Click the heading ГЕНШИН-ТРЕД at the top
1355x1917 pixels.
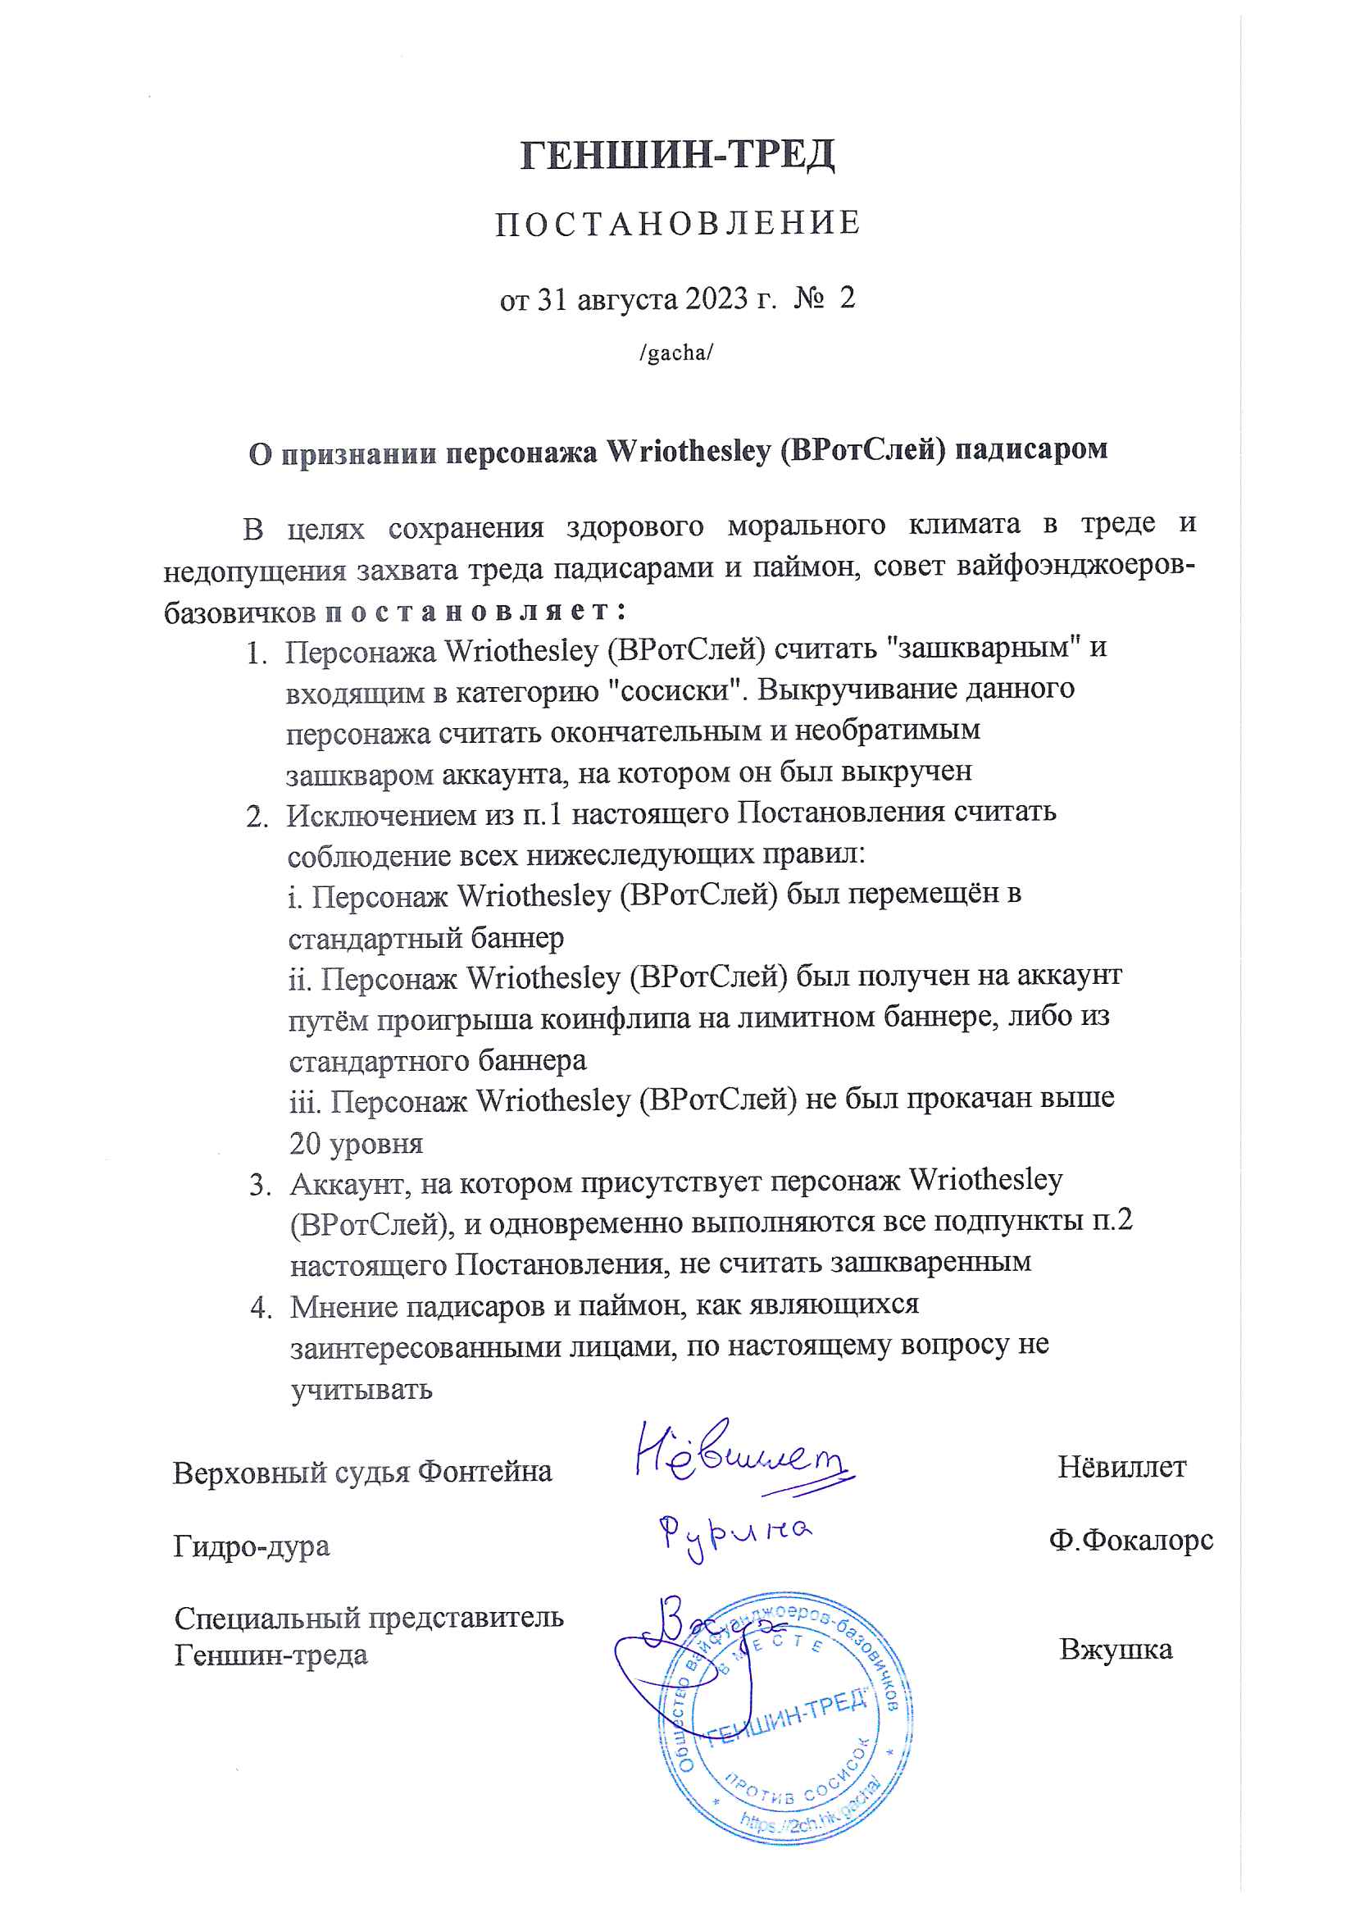pos(677,155)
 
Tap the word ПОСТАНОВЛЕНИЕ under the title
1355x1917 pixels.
pos(677,224)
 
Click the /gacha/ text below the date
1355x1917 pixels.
pos(676,353)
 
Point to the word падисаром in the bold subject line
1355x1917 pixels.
pos(1031,450)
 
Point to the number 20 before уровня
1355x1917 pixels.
pos(306,1144)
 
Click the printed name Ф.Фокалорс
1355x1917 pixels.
pos(1130,1539)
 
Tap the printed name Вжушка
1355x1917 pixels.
pos(1116,1649)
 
